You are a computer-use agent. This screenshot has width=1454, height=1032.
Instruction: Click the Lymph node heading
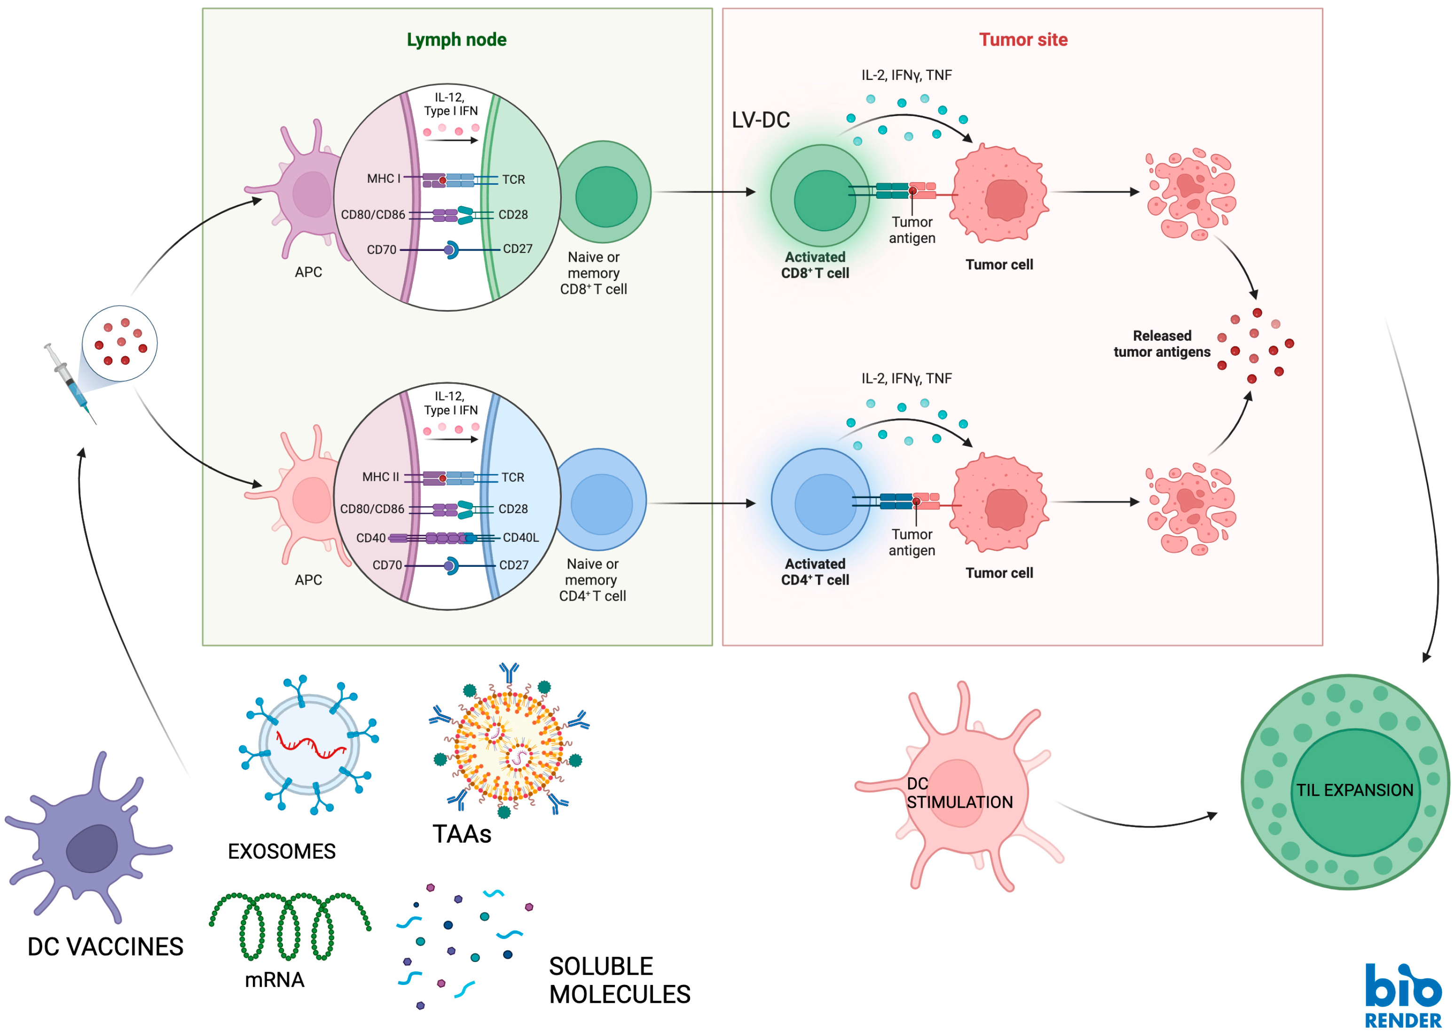pos(456,39)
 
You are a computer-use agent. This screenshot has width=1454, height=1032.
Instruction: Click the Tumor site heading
pos(1022,39)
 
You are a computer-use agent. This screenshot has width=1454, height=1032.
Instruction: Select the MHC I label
pos(383,179)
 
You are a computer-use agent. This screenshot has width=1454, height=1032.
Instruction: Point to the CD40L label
pos(520,538)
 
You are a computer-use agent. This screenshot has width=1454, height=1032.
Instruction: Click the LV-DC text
pos(761,119)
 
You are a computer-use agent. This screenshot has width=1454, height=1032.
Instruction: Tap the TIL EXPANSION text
pos(1354,790)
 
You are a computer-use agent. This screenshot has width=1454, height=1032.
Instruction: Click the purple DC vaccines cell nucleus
pos(93,848)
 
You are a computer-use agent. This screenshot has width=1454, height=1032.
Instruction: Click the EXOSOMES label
pos(282,852)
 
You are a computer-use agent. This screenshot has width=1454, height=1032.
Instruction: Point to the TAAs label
pos(462,834)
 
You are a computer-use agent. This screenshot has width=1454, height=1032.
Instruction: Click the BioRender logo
pos(1403,994)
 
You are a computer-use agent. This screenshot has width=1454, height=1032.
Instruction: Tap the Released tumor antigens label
pos(1162,344)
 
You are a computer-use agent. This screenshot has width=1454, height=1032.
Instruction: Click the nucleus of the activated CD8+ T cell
pos(824,200)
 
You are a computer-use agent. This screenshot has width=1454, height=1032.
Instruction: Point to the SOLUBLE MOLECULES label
pos(619,980)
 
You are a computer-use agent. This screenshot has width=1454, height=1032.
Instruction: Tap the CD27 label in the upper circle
pos(517,249)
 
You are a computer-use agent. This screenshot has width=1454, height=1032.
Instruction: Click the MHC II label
pos(381,477)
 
